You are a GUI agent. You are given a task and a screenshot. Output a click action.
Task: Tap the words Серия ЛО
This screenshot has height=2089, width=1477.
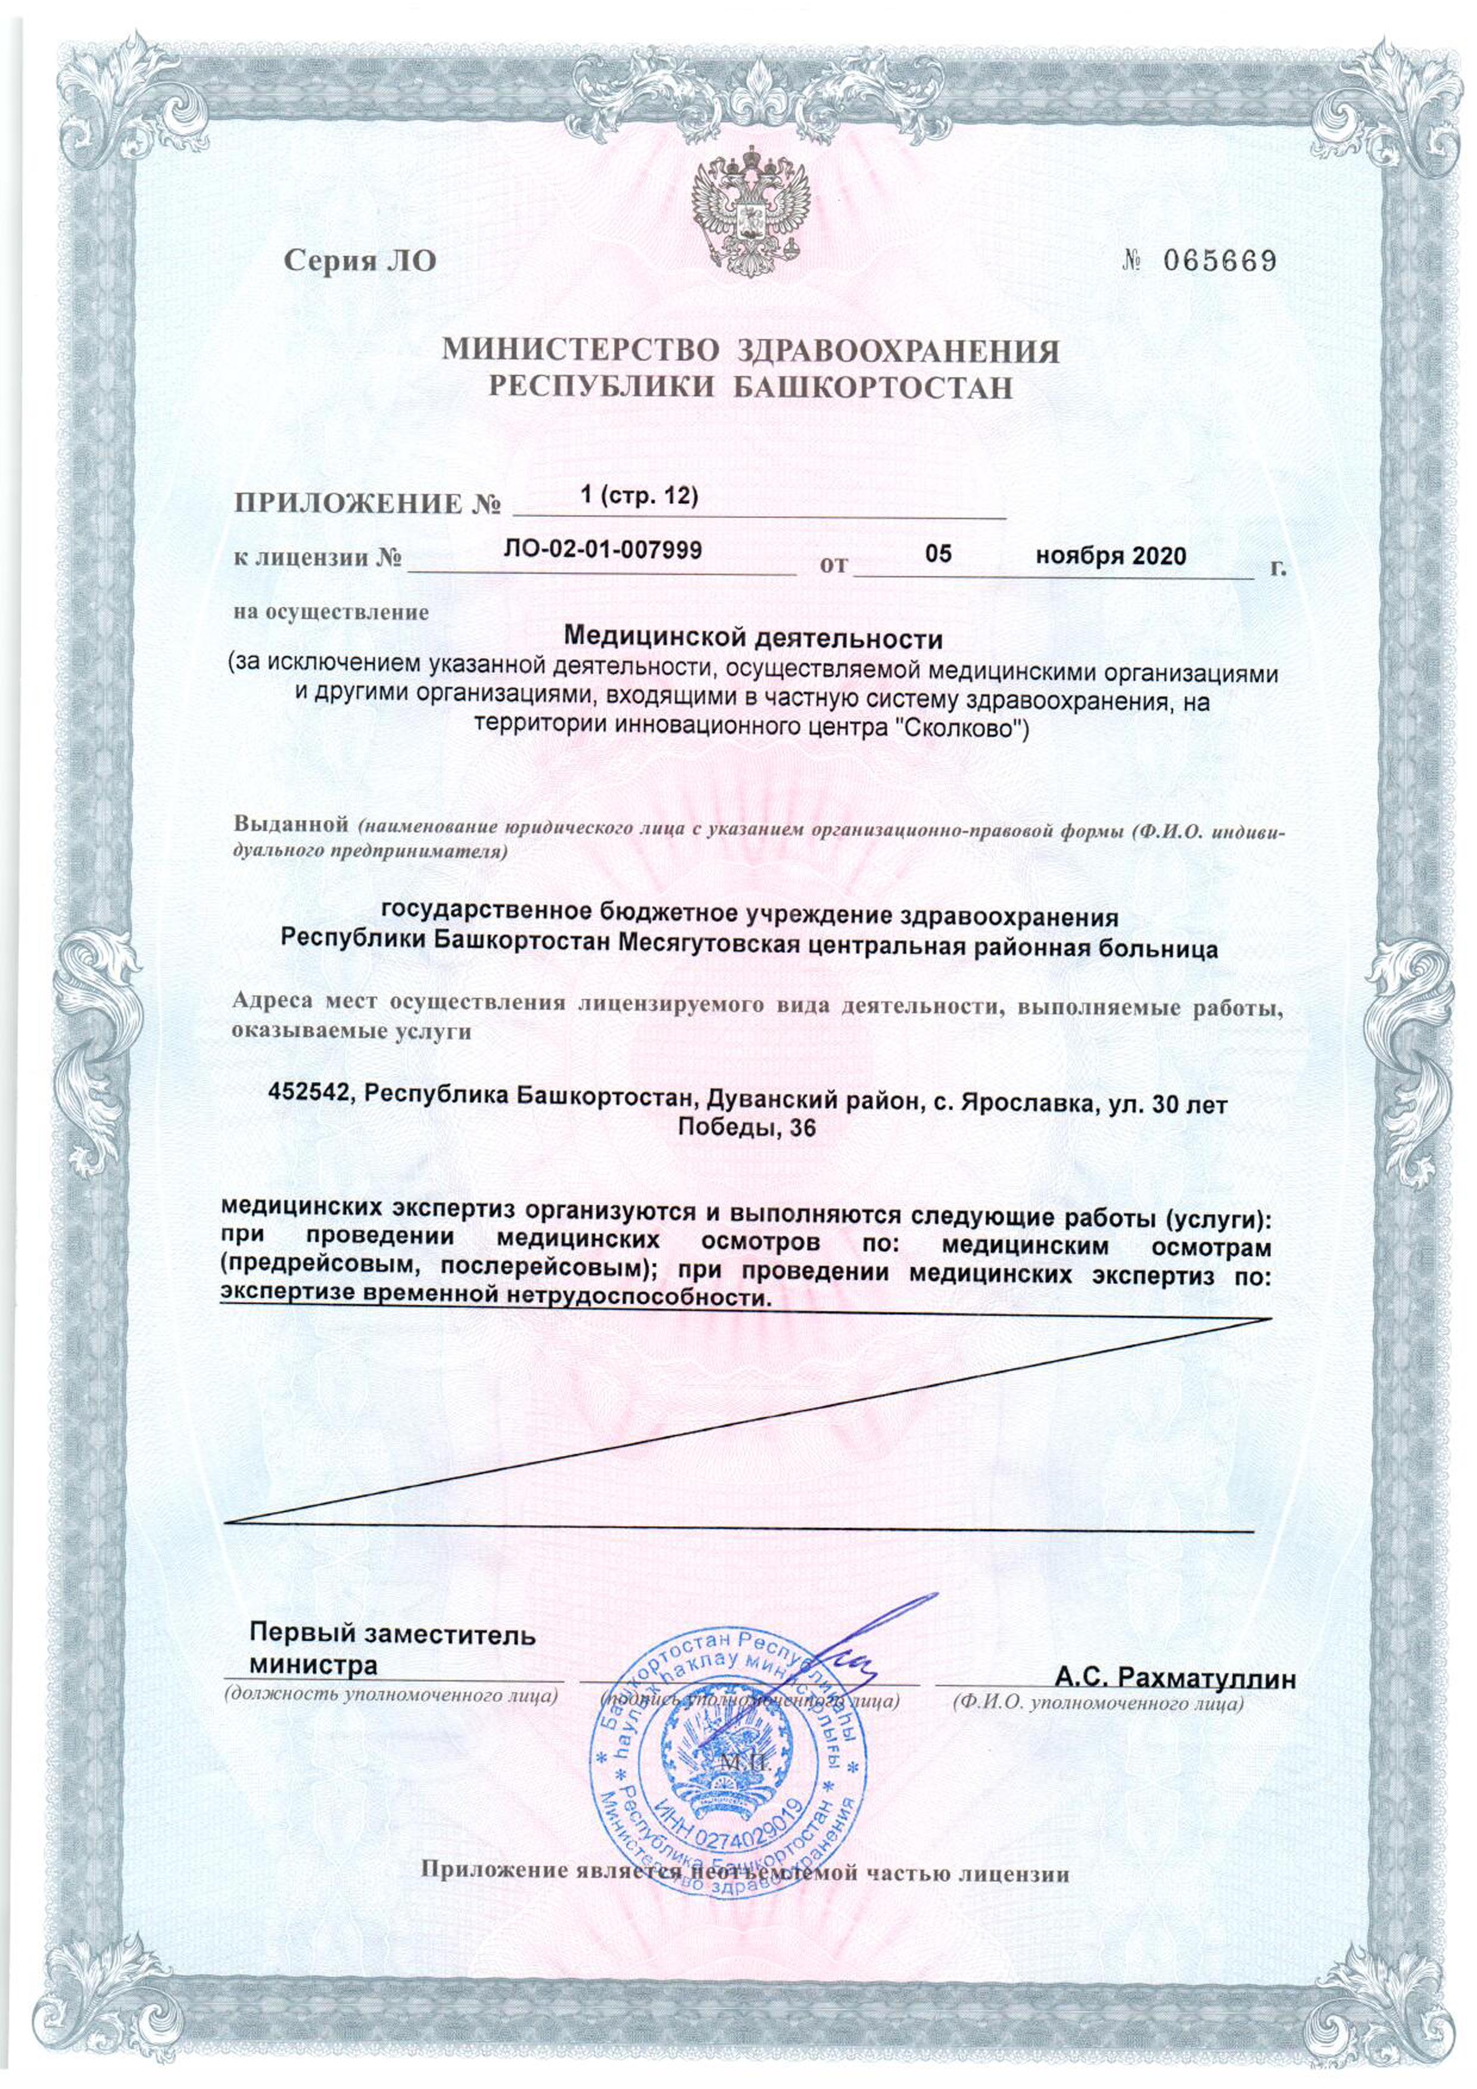(x=360, y=262)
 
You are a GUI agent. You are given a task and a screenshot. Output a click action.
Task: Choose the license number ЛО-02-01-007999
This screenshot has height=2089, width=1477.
(x=603, y=550)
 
